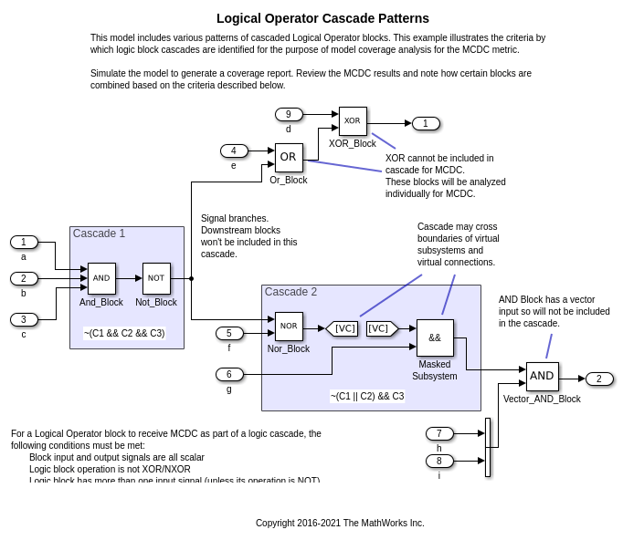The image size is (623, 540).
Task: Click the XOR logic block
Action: [x=353, y=121]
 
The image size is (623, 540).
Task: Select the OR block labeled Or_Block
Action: [x=289, y=158]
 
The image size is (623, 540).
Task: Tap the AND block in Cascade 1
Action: [x=101, y=278]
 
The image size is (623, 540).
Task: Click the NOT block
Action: [x=156, y=278]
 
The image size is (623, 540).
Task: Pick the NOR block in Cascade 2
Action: [x=289, y=327]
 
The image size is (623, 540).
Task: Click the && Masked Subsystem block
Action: [x=435, y=337]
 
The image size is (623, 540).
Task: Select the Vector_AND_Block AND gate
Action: [x=542, y=377]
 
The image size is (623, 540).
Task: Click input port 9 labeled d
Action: [x=289, y=114]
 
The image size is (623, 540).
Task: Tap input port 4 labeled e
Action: [x=234, y=151]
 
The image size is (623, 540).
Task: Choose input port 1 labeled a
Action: [x=24, y=242]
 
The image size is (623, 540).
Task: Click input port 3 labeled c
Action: [x=24, y=319]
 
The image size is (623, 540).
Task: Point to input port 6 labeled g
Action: [x=229, y=374]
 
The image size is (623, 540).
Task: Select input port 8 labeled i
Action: [x=439, y=461]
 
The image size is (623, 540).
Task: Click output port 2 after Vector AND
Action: [x=599, y=379]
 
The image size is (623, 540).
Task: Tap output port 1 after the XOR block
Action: [x=426, y=123]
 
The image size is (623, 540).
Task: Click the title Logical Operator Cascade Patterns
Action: [x=322, y=18]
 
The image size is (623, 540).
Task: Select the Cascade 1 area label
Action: [x=99, y=234]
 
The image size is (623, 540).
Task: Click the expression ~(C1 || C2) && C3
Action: [x=367, y=396]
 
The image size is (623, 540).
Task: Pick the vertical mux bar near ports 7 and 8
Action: [x=488, y=447]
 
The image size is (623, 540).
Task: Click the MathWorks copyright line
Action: [x=340, y=523]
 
